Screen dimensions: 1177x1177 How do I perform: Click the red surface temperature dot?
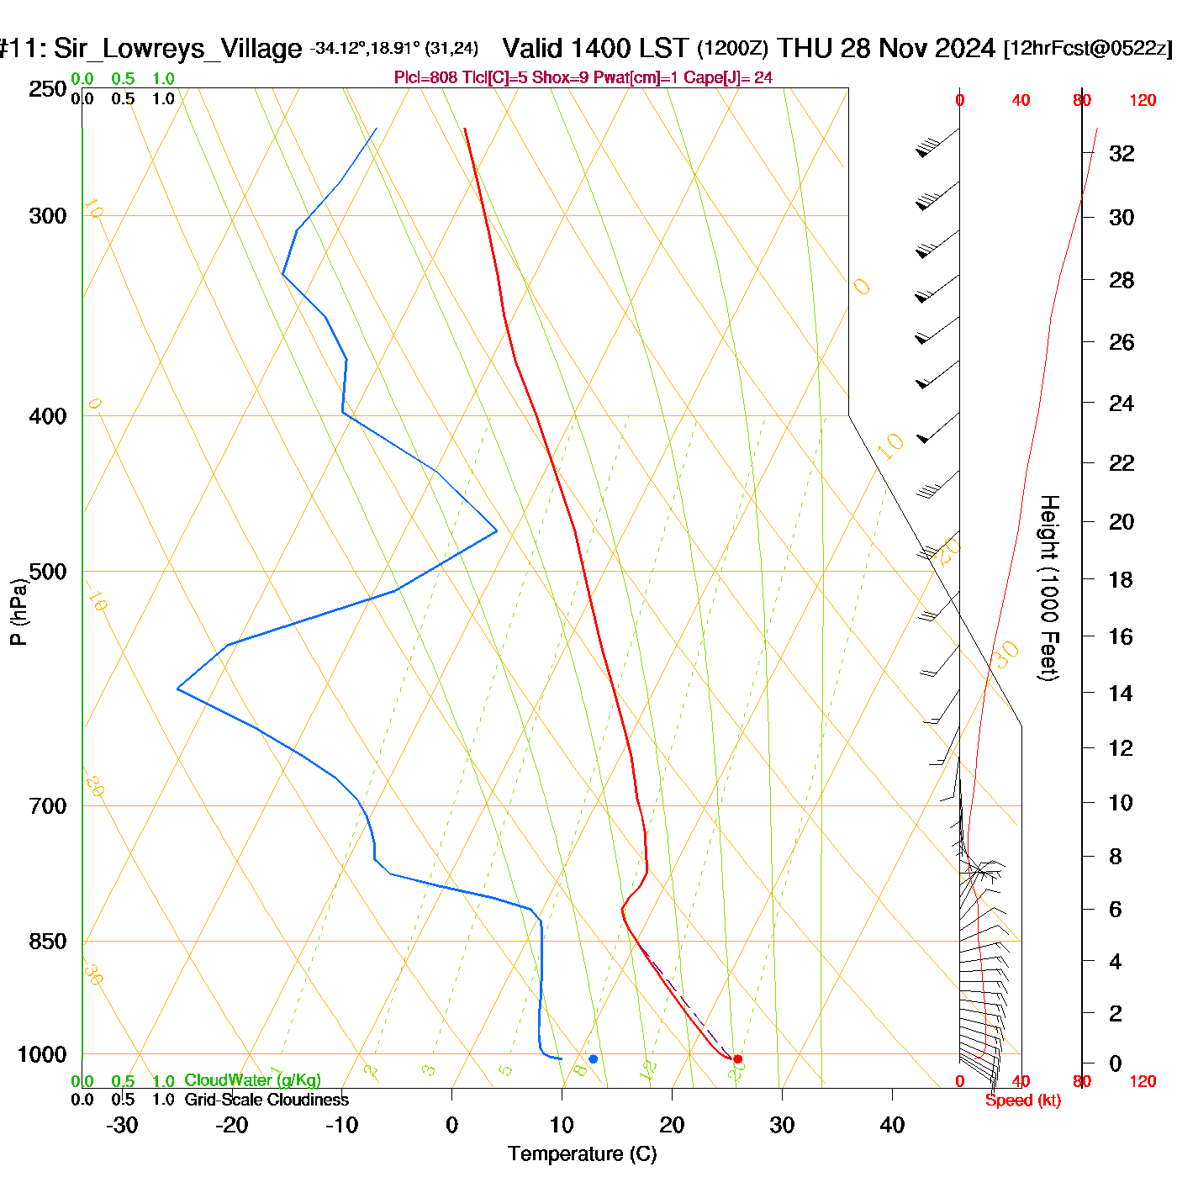(737, 1059)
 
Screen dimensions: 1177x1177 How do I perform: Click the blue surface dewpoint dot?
(593, 1059)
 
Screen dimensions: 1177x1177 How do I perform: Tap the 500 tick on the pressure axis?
(49, 572)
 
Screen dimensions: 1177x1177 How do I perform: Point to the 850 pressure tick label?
(49, 942)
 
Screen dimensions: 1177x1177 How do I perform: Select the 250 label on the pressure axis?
(49, 89)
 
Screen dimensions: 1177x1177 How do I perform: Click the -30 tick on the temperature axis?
(123, 1125)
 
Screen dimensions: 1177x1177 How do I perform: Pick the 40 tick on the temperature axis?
(892, 1125)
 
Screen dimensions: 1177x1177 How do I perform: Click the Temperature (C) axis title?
(582, 1154)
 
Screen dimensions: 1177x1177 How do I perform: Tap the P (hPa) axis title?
(18, 612)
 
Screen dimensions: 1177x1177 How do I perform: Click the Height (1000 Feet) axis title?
(1049, 588)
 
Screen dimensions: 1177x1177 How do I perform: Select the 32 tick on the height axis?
(1122, 153)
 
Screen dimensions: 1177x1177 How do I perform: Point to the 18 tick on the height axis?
(1122, 579)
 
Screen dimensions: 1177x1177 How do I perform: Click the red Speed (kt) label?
(1022, 1100)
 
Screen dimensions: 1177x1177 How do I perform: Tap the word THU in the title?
(805, 48)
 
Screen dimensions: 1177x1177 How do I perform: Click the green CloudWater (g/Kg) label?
(252, 1080)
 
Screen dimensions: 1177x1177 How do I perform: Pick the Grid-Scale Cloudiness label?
(267, 1100)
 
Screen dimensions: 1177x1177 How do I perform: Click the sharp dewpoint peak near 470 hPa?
(497, 530)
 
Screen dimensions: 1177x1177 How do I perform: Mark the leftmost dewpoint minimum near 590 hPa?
(177, 689)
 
